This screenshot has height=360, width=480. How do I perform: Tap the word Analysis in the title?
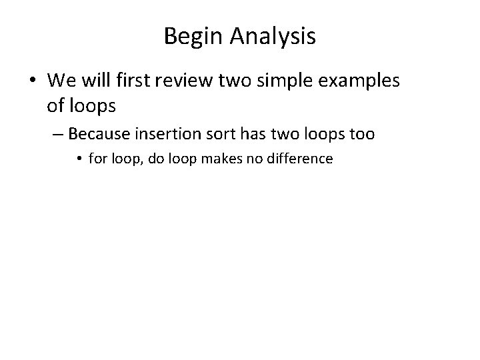point(273,37)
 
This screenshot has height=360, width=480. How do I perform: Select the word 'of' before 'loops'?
point(56,105)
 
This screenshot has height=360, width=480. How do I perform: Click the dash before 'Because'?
point(58,134)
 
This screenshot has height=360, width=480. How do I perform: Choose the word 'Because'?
point(99,134)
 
